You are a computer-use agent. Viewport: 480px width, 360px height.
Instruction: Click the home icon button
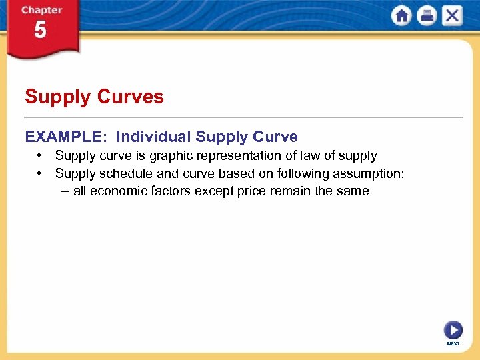tap(402, 15)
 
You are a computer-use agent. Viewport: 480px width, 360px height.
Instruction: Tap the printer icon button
tap(427, 15)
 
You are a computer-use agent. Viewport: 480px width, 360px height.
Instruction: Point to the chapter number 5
tap(41, 31)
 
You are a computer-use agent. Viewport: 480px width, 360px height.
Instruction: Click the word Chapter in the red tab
tap(42, 10)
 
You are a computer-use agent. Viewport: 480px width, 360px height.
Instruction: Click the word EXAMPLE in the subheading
tap(63, 137)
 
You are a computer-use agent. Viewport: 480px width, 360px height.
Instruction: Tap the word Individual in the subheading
tap(153, 137)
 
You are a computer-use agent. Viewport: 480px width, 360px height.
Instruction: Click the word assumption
tap(369, 174)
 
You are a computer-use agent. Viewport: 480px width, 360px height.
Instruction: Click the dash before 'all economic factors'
tap(64, 191)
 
